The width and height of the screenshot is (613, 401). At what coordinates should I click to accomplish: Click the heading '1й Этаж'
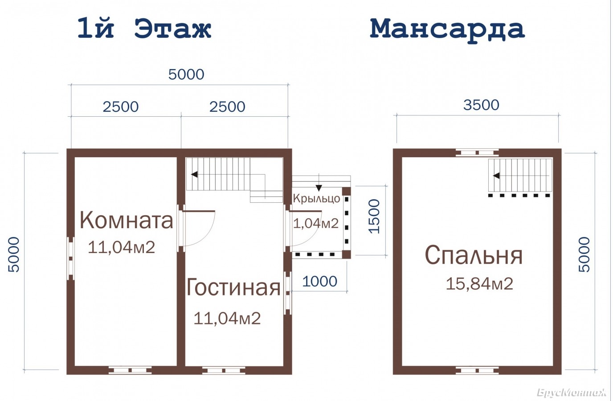pyautogui.click(x=144, y=29)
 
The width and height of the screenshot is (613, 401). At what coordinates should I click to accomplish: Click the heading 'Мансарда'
pyautogui.click(x=447, y=29)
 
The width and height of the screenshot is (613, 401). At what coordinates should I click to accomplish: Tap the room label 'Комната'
pyautogui.click(x=127, y=221)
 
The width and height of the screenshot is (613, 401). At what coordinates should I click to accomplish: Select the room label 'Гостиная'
pyautogui.click(x=233, y=287)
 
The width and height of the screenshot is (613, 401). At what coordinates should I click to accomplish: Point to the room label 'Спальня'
pyautogui.click(x=474, y=255)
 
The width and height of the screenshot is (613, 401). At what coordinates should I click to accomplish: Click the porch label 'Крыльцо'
pyautogui.click(x=317, y=198)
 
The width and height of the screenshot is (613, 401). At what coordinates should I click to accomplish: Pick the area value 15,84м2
pyautogui.click(x=479, y=284)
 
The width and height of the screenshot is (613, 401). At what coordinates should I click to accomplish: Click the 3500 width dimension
pyautogui.click(x=481, y=105)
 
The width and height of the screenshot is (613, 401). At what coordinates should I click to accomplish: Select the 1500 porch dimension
pyautogui.click(x=374, y=216)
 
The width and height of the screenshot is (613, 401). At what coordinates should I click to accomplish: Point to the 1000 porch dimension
pyautogui.click(x=319, y=282)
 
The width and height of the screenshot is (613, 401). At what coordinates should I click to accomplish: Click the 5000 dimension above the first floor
pyautogui.click(x=186, y=74)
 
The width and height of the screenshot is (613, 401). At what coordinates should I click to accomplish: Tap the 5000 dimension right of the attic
pyautogui.click(x=584, y=254)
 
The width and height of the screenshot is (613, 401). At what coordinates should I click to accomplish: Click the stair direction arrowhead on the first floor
pyautogui.click(x=194, y=174)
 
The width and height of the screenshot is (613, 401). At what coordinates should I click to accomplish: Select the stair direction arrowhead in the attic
pyautogui.click(x=496, y=176)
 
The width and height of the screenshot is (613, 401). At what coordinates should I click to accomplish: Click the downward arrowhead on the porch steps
pyautogui.click(x=319, y=188)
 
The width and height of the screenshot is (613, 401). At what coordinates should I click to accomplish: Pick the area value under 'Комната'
pyautogui.click(x=122, y=247)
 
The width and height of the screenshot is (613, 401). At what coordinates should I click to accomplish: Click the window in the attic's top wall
pyautogui.click(x=477, y=153)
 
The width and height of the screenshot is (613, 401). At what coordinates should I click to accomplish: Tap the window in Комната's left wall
pyautogui.click(x=70, y=258)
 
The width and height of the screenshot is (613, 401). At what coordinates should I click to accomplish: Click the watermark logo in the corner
pyautogui.click(x=573, y=393)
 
